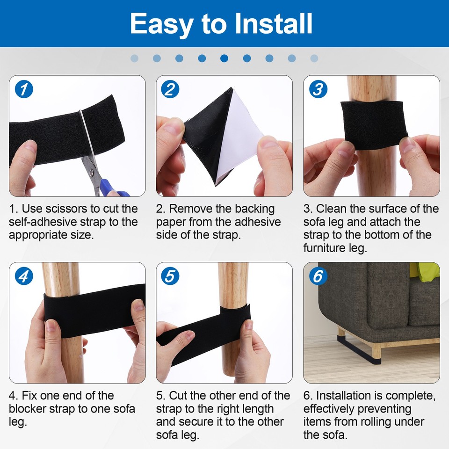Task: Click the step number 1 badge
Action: click(24, 89)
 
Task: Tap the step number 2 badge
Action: click(170, 89)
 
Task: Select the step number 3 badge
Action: click(318, 89)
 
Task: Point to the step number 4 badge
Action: click(24, 276)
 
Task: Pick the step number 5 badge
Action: click(170, 276)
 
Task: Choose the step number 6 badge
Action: click(318, 276)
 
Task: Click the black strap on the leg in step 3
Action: click(374, 124)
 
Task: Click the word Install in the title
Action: click(274, 23)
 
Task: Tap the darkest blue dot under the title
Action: click(224, 58)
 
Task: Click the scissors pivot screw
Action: click(92, 172)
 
